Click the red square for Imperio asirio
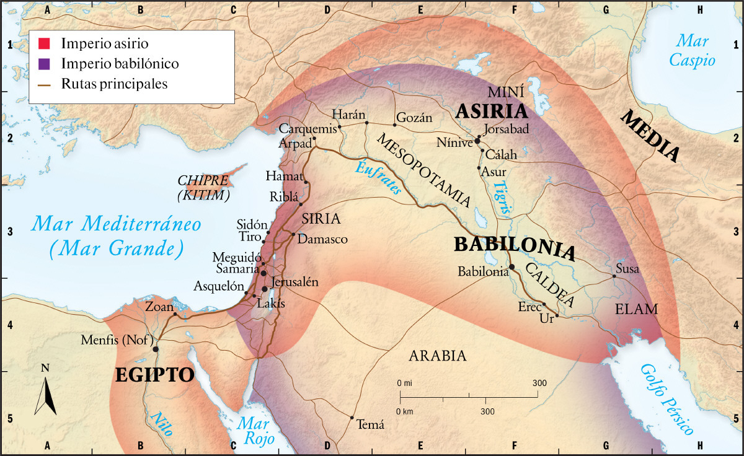point(43,44)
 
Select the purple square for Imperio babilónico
point(43,64)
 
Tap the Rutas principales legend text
point(114,84)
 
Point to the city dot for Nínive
point(477,141)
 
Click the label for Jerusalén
point(295,282)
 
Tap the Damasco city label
point(322,239)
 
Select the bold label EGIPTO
point(154,375)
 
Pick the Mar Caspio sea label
point(696,50)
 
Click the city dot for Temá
point(352,418)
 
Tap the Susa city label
point(627,270)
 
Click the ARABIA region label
point(437,356)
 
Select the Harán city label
point(350,115)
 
